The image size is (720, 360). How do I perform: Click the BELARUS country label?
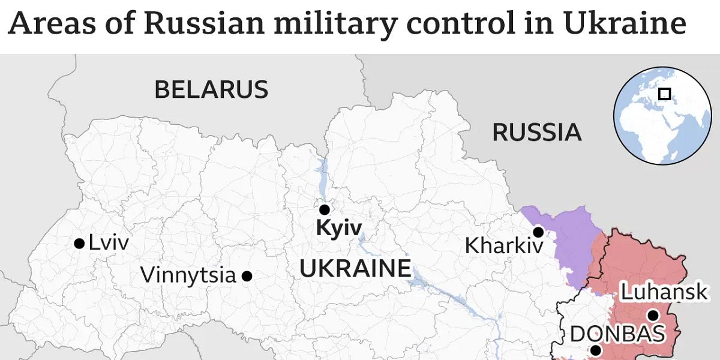point(211,89)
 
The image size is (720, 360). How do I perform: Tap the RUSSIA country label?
point(536,132)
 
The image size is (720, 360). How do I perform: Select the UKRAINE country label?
point(355,268)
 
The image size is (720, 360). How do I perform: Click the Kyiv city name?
point(339,228)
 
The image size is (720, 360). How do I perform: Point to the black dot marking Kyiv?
point(324,209)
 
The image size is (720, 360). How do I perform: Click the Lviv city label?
point(109,243)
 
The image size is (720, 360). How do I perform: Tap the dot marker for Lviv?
point(79,243)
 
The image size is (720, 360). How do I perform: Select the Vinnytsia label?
point(188,275)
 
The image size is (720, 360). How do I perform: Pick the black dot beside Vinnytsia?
point(247,276)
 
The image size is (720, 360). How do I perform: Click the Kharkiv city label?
point(504,245)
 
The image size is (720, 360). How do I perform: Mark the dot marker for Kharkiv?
point(538,232)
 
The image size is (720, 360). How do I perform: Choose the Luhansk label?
point(664,293)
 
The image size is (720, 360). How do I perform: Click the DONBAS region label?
point(617,334)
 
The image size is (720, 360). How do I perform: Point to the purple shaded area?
point(567,240)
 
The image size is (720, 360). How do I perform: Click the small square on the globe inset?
point(664,94)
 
